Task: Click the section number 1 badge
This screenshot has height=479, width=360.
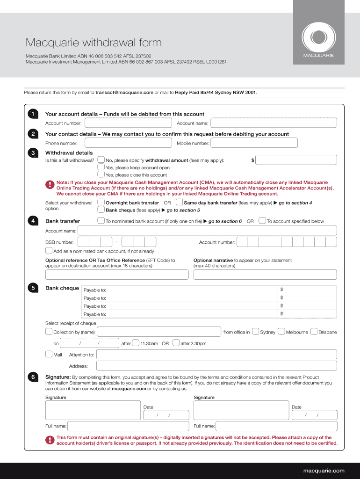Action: tap(33, 114)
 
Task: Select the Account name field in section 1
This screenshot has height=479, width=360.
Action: tap(274, 123)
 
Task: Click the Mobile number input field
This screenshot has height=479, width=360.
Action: tap(274, 143)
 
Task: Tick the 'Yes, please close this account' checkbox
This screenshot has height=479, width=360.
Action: tap(101, 174)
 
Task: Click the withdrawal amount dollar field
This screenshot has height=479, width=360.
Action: tap(296, 160)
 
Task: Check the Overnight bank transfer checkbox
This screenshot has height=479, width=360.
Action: tap(101, 203)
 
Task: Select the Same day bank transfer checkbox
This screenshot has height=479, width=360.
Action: tap(179, 203)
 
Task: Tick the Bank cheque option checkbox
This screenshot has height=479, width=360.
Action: tap(101, 210)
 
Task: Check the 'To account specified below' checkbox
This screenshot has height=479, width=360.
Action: tap(262, 221)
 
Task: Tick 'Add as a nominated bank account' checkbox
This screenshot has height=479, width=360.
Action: tap(49, 251)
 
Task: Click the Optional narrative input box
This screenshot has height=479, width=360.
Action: tap(265, 275)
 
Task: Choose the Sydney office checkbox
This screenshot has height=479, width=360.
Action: tap(255, 332)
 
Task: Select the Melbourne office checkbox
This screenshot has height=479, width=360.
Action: tap(281, 332)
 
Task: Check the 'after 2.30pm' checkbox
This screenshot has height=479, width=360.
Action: tap(176, 343)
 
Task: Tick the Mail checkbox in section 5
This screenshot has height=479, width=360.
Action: tap(49, 354)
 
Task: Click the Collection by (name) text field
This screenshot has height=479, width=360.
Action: tap(158, 332)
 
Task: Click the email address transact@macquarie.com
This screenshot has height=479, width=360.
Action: tap(124, 93)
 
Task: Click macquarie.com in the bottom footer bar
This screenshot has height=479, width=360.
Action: tap(324, 471)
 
